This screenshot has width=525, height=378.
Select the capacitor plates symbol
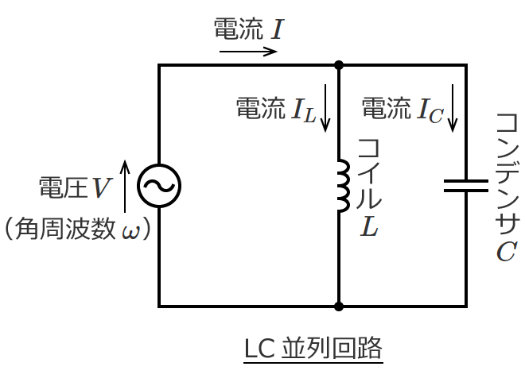click(465, 186)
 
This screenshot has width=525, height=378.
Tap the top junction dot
click(339, 65)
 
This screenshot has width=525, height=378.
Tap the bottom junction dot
click(339, 307)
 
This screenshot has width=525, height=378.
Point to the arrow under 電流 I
click(248, 52)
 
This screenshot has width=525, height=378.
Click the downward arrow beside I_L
click(325, 108)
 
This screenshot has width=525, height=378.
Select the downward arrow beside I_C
click(453, 108)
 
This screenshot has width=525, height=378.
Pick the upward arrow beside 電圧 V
click(125, 186)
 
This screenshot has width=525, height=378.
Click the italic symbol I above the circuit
click(278, 29)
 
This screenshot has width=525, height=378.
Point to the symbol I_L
click(304, 110)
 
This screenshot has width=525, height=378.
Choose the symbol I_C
click(430, 110)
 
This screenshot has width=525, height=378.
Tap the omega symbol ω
click(130, 232)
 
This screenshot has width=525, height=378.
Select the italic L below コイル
click(369, 226)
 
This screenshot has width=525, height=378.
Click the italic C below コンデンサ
click(507, 251)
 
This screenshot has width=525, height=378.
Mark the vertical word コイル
click(369, 174)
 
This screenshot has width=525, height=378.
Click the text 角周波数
click(65, 229)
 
